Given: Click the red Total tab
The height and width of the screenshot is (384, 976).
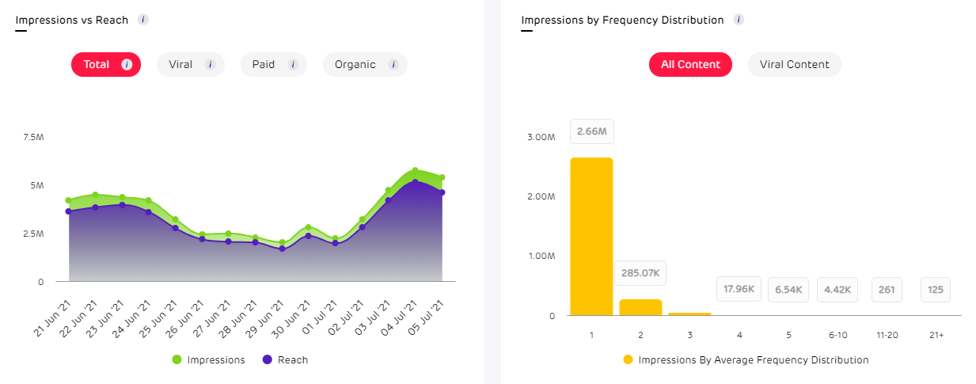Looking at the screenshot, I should (105, 65).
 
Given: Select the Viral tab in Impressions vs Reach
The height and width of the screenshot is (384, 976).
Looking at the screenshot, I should (190, 65).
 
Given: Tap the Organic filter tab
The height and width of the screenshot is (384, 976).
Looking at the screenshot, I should (364, 65).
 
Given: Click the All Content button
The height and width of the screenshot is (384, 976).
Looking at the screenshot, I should (690, 65).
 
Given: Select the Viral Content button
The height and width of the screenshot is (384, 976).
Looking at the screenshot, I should (794, 65).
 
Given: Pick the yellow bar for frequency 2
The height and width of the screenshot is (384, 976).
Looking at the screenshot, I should (640, 307).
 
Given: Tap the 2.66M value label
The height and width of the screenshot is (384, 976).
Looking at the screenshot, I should (591, 131).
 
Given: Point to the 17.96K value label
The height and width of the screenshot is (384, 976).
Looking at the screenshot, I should (739, 290).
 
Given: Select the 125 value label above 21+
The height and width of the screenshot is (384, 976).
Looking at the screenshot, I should (936, 290).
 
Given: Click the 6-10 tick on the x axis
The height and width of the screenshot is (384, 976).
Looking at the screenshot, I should (837, 335).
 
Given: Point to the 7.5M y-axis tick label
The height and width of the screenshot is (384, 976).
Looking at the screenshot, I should (33, 138).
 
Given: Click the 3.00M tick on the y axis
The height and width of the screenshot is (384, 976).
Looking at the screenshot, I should (541, 138).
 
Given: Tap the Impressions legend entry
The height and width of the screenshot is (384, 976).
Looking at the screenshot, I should (209, 360).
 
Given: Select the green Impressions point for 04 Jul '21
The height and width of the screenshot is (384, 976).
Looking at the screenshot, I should (415, 171).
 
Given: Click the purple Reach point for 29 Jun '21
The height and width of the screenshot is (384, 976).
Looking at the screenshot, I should (282, 249).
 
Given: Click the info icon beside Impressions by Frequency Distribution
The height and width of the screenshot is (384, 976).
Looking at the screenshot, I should (738, 20).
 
